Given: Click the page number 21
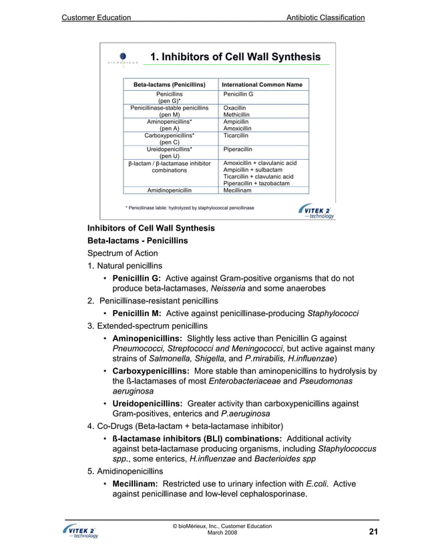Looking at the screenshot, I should click(x=373, y=531).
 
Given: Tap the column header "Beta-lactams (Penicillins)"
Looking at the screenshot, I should click(x=169, y=85).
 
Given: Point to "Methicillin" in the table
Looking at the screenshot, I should click(x=238, y=114).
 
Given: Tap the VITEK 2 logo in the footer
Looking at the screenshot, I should click(x=79, y=532).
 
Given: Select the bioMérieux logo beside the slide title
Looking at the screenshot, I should click(x=122, y=59).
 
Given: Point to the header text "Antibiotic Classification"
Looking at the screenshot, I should click(x=325, y=17).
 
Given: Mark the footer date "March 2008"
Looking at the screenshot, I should click(x=222, y=533).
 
